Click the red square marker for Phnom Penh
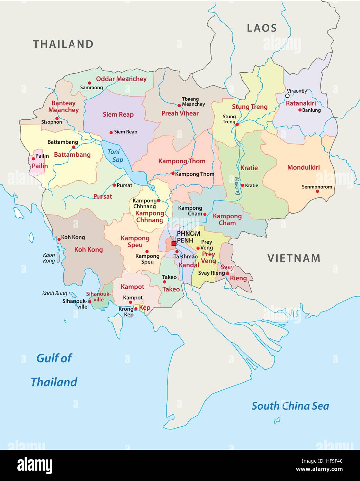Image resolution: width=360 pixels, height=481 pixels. (174, 244)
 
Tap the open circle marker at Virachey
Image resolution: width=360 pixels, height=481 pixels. (287, 96)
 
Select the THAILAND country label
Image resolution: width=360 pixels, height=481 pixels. (63, 44)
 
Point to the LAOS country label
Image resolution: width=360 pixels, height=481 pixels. (262, 28)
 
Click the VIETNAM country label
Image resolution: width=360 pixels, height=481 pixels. (294, 258)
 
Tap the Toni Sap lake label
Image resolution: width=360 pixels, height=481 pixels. (115, 156)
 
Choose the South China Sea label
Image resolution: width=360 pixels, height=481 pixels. (290, 406)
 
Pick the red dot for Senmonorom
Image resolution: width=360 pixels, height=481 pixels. (317, 191)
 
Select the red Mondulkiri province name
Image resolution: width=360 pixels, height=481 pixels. (304, 167)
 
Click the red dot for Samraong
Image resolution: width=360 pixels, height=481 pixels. (89, 83)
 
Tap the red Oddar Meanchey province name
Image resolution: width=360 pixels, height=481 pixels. (121, 79)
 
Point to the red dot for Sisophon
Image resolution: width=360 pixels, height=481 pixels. (57, 118)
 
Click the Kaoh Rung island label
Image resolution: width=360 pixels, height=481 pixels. (55, 293)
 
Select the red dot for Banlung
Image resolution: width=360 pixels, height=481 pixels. (300, 110)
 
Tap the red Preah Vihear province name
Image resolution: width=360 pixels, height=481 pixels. (180, 113)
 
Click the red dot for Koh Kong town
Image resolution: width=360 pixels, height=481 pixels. (59, 239)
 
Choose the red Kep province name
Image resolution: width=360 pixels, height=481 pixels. (145, 308)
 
